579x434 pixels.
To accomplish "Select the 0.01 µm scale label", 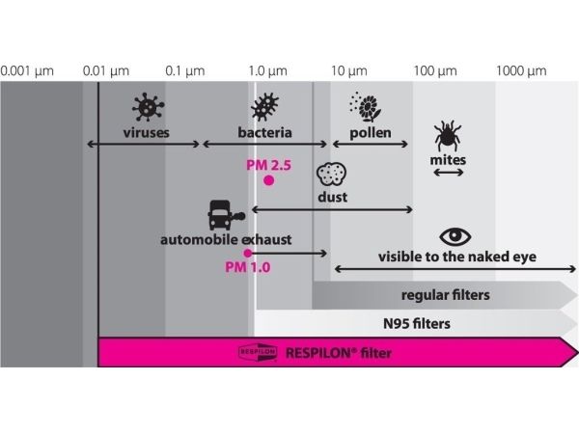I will click(x=106, y=71).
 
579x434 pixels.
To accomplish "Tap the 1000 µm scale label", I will click(x=523, y=71).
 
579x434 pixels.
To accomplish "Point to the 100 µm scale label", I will click(x=434, y=71).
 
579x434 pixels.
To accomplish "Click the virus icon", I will click(x=147, y=105).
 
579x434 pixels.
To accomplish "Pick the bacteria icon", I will click(x=264, y=106).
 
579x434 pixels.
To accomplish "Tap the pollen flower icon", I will click(x=364, y=105).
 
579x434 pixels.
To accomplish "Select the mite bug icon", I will click(x=446, y=134).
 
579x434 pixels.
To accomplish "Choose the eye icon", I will click(x=454, y=236).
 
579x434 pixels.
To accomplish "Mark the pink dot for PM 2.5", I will click(x=269, y=180).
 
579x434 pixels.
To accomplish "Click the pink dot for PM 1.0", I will click(x=248, y=253).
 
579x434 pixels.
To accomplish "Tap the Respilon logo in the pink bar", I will click(x=258, y=353).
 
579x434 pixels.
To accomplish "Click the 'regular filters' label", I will click(x=445, y=294).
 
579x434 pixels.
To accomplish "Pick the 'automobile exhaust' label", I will click(x=228, y=237).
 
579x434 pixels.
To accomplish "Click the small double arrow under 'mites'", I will click(x=448, y=173).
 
